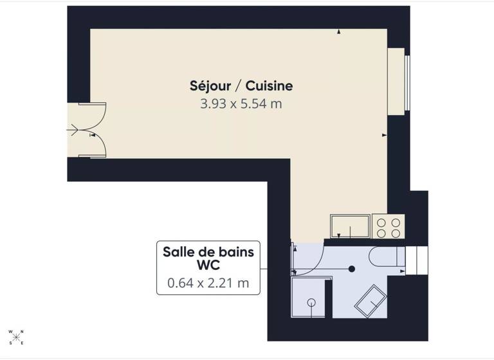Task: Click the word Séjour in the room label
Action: point(206,85)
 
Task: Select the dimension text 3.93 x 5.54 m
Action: point(241,103)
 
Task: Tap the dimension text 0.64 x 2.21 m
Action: point(208,282)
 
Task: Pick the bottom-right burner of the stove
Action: point(395,233)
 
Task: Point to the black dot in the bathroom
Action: point(351,269)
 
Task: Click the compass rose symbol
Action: point(16,336)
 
